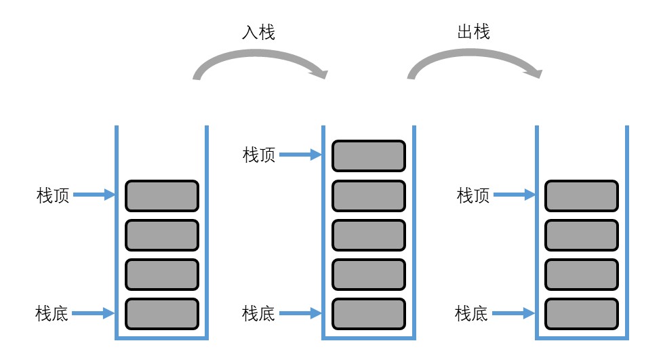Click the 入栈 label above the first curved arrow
(259, 33)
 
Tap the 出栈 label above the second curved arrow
(473, 33)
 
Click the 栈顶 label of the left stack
(53, 196)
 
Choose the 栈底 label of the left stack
(53, 313)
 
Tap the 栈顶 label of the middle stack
(260, 155)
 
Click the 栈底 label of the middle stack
(260, 313)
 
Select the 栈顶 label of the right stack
(473, 196)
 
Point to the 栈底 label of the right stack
(473, 313)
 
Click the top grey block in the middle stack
(368, 156)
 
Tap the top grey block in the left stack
(161, 196)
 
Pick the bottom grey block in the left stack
(161, 313)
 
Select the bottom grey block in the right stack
(582, 313)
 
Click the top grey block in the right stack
(582, 196)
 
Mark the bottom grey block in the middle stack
(368, 313)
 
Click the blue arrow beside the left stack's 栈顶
(94, 196)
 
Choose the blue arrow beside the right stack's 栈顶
(515, 196)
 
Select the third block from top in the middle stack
(368, 235)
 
